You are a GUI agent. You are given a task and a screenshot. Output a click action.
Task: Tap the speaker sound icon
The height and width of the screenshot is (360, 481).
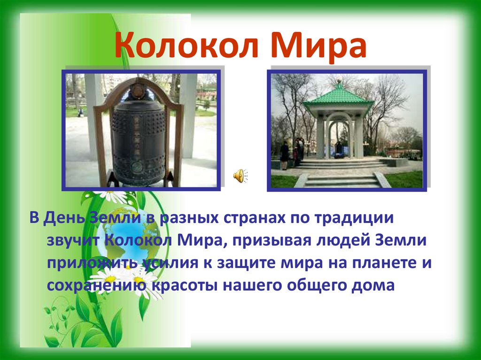(x=240, y=176)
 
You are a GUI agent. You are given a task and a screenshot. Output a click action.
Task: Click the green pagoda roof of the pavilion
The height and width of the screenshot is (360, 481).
(x=338, y=96)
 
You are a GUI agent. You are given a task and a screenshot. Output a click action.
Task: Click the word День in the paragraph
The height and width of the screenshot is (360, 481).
(x=62, y=218)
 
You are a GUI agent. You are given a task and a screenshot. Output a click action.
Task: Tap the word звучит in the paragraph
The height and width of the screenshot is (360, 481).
(x=73, y=241)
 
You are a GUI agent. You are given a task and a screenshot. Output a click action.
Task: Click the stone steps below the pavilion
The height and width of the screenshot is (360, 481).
(x=342, y=180)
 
